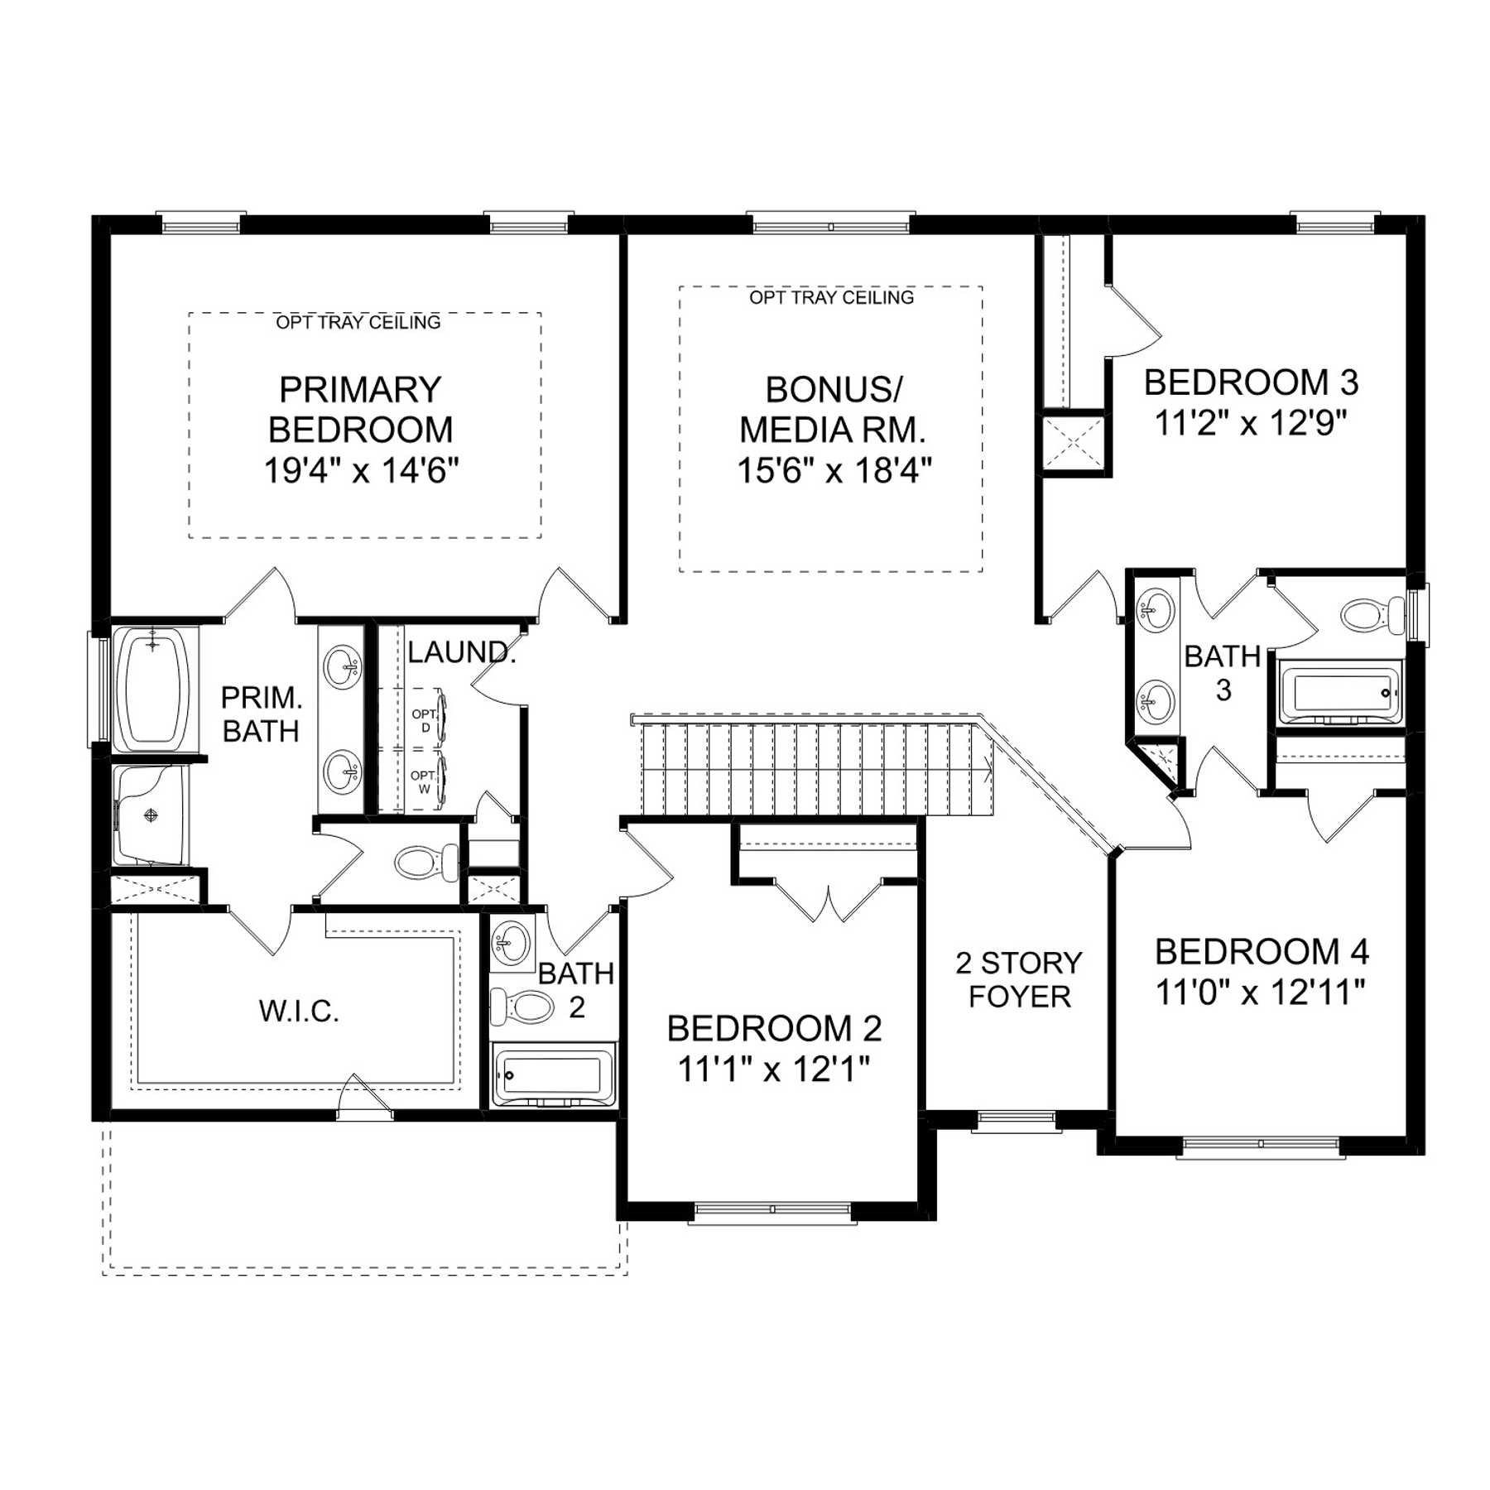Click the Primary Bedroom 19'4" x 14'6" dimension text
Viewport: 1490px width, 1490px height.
(361, 470)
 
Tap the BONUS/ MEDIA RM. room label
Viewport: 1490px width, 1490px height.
(833, 410)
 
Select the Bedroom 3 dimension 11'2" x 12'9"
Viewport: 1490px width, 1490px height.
(1251, 423)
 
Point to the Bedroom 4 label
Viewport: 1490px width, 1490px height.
(1262, 952)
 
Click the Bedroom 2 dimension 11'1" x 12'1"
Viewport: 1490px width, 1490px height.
(774, 1069)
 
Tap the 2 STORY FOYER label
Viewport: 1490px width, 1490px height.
(1019, 979)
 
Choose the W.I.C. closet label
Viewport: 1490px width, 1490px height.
(299, 1011)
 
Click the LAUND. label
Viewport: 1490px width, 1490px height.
(462, 652)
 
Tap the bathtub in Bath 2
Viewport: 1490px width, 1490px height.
(553, 1075)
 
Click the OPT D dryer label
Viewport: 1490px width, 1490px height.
(425, 720)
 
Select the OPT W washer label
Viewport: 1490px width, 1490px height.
(423, 782)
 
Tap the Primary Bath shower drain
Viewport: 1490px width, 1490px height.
(151, 816)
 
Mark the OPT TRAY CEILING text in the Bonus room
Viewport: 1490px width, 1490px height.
(831, 297)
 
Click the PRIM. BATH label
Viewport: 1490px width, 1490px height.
(262, 714)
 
